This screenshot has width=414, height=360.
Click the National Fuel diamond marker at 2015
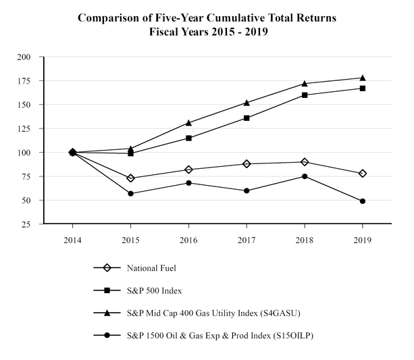(x=130, y=178)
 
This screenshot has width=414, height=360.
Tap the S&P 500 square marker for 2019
(x=363, y=88)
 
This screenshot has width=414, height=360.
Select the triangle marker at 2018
(x=305, y=83)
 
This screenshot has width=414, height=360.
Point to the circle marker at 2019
(x=363, y=201)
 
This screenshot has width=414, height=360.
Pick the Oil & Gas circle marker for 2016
(x=188, y=183)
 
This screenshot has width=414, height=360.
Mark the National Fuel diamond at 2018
(x=305, y=162)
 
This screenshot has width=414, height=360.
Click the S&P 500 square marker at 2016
(x=188, y=138)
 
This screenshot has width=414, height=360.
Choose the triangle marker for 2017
(x=247, y=103)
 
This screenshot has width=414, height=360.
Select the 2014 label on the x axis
(x=72, y=238)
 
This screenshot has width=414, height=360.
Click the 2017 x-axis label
(x=247, y=238)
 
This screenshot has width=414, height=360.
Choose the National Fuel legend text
(x=152, y=268)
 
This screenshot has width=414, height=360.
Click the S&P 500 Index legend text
(x=155, y=291)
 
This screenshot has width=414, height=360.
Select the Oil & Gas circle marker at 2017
(x=247, y=190)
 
